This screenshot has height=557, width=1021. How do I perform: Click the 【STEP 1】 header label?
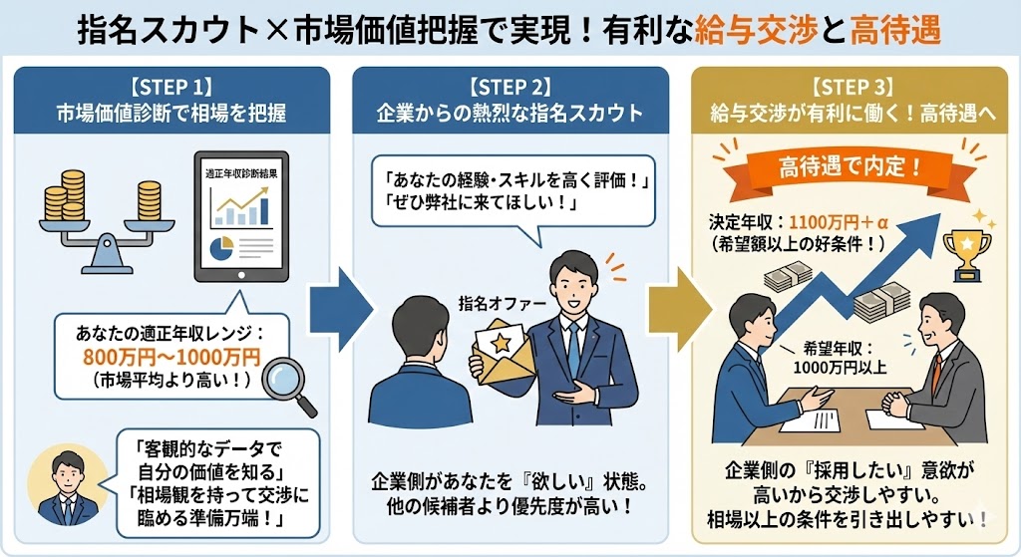point(170,86)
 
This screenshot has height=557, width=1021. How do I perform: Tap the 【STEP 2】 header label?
point(510,86)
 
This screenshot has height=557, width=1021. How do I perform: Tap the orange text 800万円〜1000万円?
point(171,357)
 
